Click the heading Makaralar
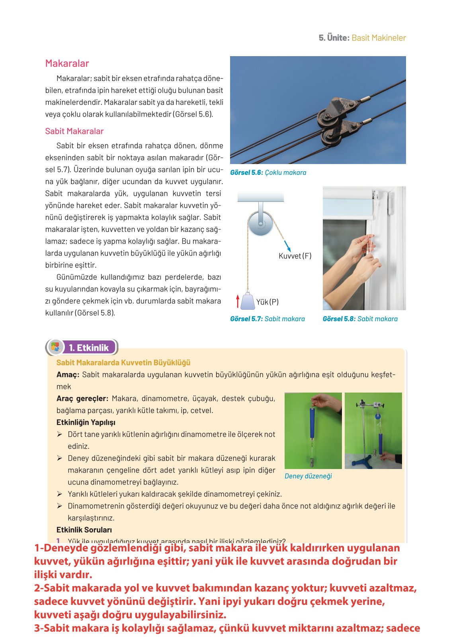(x=67, y=63)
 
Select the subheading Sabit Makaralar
(x=74, y=131)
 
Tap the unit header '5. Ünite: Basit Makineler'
(x=362, y=38)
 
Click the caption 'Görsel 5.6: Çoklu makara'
(x=268, y=173)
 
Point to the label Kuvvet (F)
(x=295, y=256)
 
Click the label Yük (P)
(x=267, y=302)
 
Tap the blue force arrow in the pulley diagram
(x=287, y=245)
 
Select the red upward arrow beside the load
(x=238, y=301)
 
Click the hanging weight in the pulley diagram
(x=248, y=301)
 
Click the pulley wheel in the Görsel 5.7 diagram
(x=261, y=224)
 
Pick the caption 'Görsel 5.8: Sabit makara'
(x=360, y=319)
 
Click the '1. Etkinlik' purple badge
(x=88, y=348)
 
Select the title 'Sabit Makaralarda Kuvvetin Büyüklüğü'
(x=123, y=363)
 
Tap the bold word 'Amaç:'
(x=68, y=375)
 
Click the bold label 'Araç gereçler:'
(x=82, y=399)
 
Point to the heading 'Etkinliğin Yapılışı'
(x=86, y=422)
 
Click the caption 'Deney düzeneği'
(x=308, y=476)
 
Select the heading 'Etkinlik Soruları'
(x=84, y=530)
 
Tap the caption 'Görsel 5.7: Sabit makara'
(x=267, y=319)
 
